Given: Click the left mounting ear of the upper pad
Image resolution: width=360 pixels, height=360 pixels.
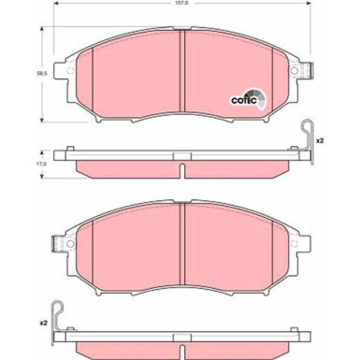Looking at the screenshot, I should tap(64, 70).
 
